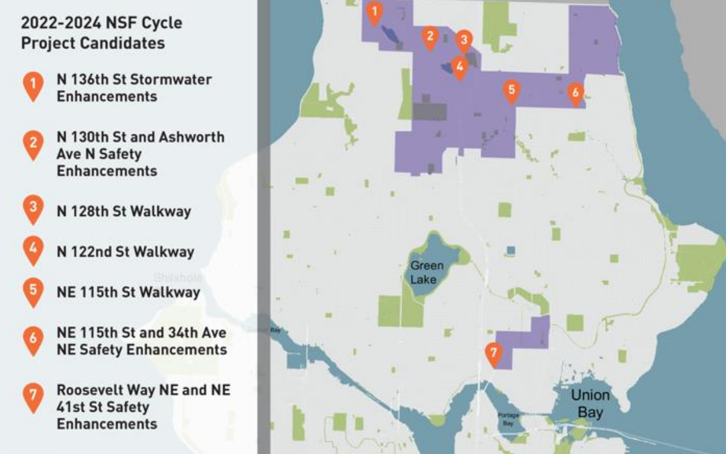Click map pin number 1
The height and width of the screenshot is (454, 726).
pyautogui.click(x=375, y=12)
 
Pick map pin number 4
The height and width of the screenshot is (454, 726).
pyautogui.click(x=459, y=67)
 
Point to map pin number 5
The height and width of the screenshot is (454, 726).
pyautogui.click(x=511, y=90)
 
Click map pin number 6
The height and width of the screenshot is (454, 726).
pyautogui.click(x=575, y=93)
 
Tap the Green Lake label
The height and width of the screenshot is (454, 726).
pyautogui.click(x=427, y=272)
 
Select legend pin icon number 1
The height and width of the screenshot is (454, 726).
pyautogui.click(x=33, y=85)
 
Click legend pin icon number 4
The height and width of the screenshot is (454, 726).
pyautogui.click(x=33, y=249)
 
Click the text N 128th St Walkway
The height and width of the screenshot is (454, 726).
pyautogui.click(x=124, y=211)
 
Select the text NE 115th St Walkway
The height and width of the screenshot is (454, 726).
pyautogui.click(x=128, y=292)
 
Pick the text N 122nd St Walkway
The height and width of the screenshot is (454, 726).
pyautogui.click(x=125, y=251)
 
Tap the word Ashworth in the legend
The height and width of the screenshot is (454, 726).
pyautogui.click(x=191, y=137)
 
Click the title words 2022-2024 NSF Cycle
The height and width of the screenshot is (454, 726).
pyautogui.click(x=101, y=24)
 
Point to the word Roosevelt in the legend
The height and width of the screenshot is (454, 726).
pyautogui.click(x=93, y=390)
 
